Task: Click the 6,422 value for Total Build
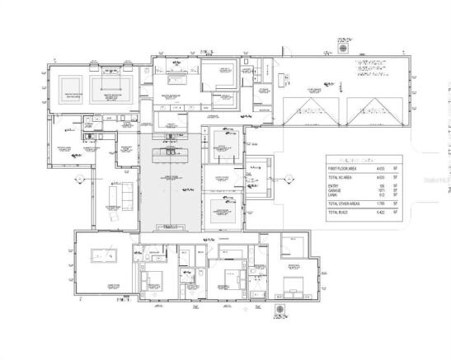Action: (381, 213)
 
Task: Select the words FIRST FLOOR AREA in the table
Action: (345, 167)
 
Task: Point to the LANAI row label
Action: (336, 196)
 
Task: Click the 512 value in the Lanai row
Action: (382, 196)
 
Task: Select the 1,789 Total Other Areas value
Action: (381, 203)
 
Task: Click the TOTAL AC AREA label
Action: (343, 177)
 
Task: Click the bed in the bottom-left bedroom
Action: (154, 284)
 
